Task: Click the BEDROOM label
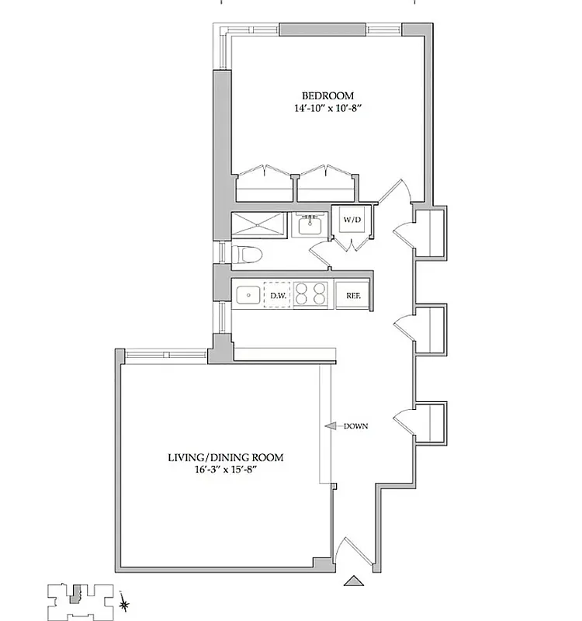click(328, 95)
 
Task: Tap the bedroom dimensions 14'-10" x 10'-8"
click(328, 109)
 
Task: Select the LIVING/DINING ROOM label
click(225, 458)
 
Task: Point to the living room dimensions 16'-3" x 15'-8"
click(225, 471)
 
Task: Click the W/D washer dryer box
click(352, 220)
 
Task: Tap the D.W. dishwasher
click(277, 296)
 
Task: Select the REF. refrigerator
click(354, 296)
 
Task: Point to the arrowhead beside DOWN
click(328, 426)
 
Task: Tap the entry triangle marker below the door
click(354, 580)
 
